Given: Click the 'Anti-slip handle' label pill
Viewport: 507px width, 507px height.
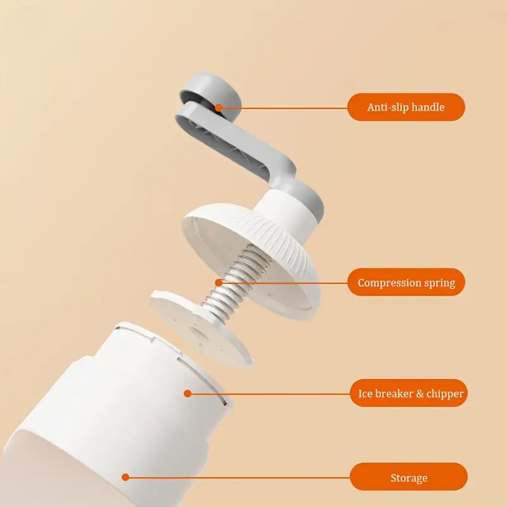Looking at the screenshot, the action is pyautogui.click(x=406, y=107).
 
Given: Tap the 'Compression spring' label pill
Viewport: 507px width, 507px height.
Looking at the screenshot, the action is pyautogui.click(x=406, y=282).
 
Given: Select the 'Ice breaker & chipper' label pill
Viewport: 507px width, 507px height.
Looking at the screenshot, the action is pyautogui.click(x=409, y=393).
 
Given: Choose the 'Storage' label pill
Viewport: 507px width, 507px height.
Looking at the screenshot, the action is pyautogui.click(x=409, y=477).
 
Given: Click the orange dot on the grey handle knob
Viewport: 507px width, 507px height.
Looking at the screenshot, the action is pyautogui.click(x=219, y=108).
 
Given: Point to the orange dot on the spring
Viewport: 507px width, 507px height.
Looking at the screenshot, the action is pyautogui.click(x=219, y=283).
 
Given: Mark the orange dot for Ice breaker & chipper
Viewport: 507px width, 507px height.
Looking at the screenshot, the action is pyautogui.click(x=188, y=394).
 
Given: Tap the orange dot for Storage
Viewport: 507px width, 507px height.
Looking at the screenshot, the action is pyautogui.click(x=125, y=477).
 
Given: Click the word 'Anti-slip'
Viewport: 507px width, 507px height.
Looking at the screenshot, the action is pyautogui.click(x=383, y=107).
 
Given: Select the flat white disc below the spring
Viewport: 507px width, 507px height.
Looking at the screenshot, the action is pyautogui.click(x=201, y=329).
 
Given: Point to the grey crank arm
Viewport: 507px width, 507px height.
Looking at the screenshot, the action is pyautogui.click(x=236, y=146).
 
